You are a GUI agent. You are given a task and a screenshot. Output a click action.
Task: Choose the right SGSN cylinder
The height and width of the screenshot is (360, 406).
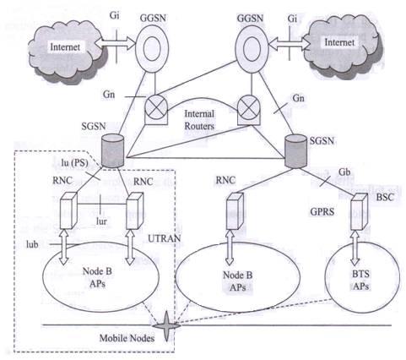tap(295, 149)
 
